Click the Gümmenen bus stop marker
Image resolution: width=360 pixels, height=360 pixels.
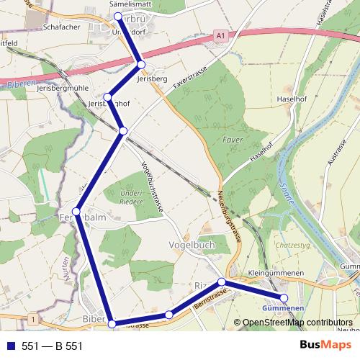[x=284, y=297]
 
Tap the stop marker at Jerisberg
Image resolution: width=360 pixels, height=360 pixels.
[x=141, y=66]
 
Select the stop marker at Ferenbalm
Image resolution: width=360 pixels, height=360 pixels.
[x=76, y=211]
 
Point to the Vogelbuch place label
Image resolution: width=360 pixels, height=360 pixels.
[x=191, y=245]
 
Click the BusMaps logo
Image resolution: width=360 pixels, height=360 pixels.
[x=325, y=345]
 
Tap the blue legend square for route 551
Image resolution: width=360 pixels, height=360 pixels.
[x=12, y=346]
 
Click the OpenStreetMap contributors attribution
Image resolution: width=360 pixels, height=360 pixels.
[x=297, y=323]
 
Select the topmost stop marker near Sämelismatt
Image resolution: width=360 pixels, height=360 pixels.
[x=117, y=16]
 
